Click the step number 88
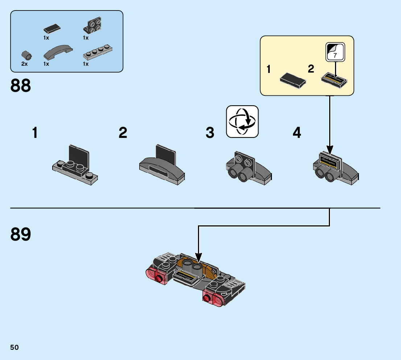coord(21,86)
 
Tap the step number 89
coord(21,234)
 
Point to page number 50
coord(15,347)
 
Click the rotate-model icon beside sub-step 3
coord(242,122)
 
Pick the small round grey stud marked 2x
coord(26,55)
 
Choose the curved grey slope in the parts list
coord(58,52)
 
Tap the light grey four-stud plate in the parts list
coord(96,53)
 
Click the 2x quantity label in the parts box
coord(24,64)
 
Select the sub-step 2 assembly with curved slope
coord(162,165)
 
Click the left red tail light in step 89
coord(154,276)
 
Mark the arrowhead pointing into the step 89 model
coord(198,258)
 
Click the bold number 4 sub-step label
coord(297,133)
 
